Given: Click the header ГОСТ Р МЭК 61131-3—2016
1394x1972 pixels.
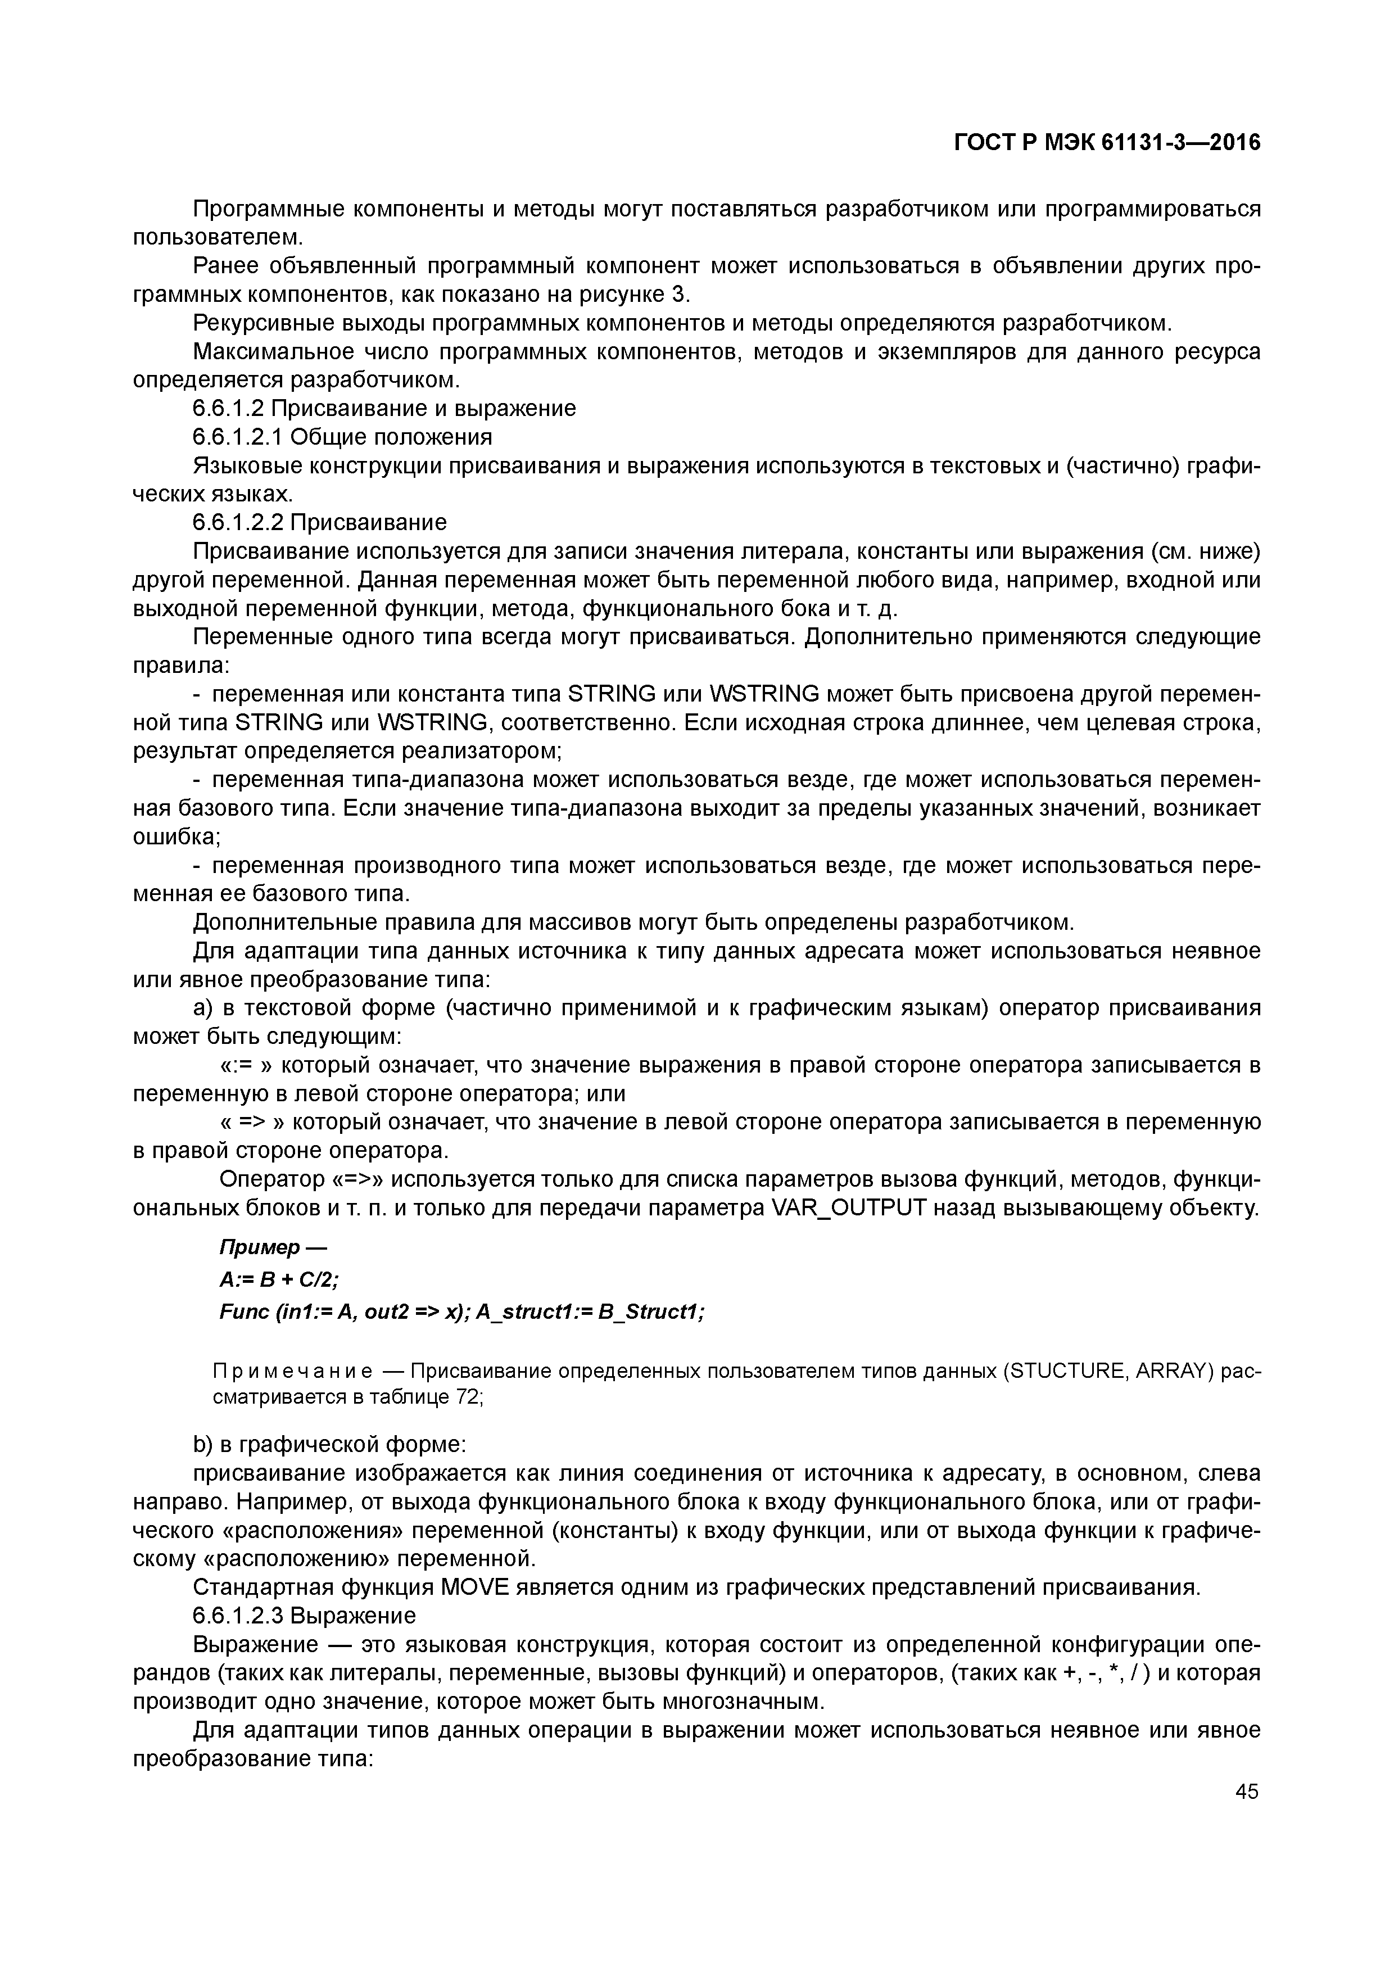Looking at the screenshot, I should click(1107, 143).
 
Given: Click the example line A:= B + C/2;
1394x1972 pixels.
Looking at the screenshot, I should click(279, 1280).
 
